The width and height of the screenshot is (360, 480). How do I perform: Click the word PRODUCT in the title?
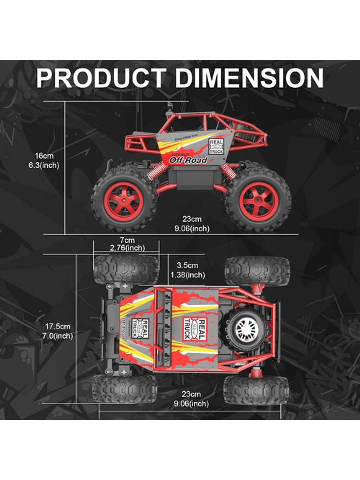point(101,78)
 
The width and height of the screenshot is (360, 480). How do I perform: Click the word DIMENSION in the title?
point(249,78)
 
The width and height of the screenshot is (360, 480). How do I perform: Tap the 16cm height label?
point(44,156)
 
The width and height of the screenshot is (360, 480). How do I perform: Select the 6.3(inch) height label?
point(44,165)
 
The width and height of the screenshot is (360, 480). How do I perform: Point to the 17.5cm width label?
point(58,326)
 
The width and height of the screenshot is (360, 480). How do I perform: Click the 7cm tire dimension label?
point(127,240)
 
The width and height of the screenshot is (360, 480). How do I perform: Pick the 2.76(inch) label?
point(127,248)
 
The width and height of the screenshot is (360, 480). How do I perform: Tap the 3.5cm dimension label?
point(188,265)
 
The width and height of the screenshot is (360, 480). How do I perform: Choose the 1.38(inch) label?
point(188,275)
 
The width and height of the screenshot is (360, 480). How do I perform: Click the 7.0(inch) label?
point(58,336)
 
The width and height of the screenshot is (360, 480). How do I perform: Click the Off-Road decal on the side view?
point(188,160)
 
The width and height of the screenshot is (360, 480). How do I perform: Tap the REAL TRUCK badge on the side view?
point(216,146)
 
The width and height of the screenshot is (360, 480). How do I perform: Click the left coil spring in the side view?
point(158,171)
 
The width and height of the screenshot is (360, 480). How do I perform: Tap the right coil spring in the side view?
point(229,171)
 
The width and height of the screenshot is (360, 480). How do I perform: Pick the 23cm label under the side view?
point(192,219)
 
